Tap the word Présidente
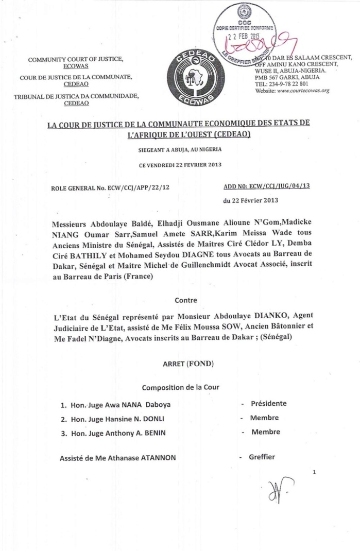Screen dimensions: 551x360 [268, 404]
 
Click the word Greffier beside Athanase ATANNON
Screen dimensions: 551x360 [262, 457]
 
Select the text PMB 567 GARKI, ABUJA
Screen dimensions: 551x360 [287, 77]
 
